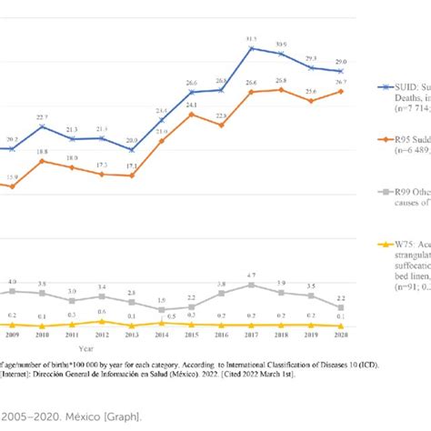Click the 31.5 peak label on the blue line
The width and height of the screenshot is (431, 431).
click(252, 39)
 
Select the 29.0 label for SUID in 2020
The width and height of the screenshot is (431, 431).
click(340, 62)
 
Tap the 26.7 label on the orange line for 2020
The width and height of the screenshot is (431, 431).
click(340, 83)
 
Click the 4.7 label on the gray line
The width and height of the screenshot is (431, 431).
click(252, 276)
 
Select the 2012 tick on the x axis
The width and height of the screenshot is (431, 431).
click(102, 335)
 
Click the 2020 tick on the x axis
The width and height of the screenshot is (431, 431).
click(340, 335)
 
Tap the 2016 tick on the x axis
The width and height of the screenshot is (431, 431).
click(221, 335)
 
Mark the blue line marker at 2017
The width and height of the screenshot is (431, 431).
click(252, 48)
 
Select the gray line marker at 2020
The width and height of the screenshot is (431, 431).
click(340, 306)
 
